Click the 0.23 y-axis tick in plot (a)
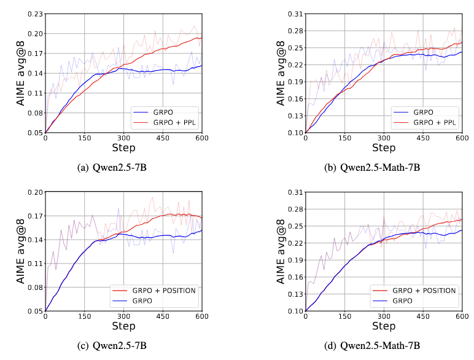point(35,14)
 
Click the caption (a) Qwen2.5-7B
point(112,168)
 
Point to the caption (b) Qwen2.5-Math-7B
point(372,168)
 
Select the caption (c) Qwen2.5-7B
point(112,346)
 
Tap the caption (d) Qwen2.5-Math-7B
point(372,346)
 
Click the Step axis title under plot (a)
point(123,148)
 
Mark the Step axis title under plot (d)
point(384,326)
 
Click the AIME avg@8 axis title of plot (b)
point(281,73)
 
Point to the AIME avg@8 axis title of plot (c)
point(20,251)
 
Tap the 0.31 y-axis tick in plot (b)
point(295,14)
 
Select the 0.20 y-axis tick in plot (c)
point(35,192)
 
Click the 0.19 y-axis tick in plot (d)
point(295,260)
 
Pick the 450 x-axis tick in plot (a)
point(163,138)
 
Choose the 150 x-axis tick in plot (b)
point(344,138)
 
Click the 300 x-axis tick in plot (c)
point(123,316)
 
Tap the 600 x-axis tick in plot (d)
point(462,316)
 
